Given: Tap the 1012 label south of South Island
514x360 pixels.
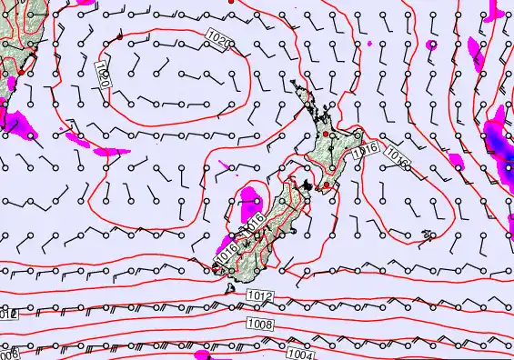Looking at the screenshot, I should coord(260,296).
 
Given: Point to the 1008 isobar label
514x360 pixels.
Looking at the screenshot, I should coord(258,324).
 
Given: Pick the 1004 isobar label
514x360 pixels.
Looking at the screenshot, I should coord(299,354).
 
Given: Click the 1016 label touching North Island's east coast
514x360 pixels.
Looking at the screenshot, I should coord(366,145).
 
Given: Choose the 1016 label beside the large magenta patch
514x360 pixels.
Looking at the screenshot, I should coord(254,218).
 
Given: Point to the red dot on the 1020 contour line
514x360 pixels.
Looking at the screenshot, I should coord(120,37).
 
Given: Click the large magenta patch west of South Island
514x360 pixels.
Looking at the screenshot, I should coord(248,198).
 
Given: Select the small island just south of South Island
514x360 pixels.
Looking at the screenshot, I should coord(228,290).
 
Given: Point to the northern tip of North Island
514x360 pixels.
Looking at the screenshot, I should coord(294,82).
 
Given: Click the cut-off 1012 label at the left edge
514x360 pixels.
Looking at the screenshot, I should coord(7,315).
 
